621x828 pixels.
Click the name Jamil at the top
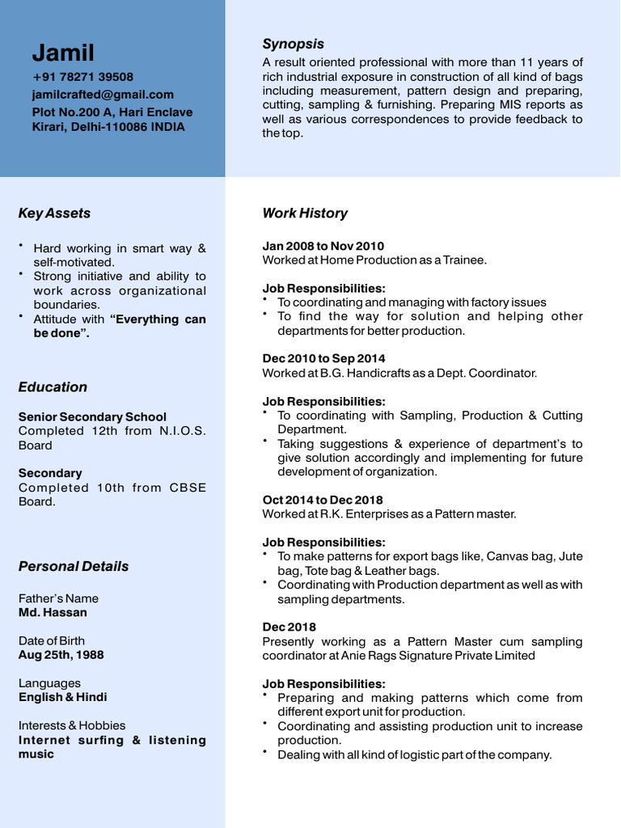pyautogui.click(x=63, y=53)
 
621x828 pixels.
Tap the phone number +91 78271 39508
pyautogui.click(x=82, y=77)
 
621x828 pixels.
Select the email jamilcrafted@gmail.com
pyautogui.click(x=103, y=95)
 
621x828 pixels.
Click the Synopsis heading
pyautogui.click(x=293, y=44)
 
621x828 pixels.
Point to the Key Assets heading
pyautogui.click(x=54, y=213)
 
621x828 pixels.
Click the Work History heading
pyautogui.click(x=305, y=213)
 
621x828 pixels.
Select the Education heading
pyautogui.click(x=53, y=387)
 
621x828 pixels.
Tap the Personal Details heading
pyautogui.click(x=74, y=567)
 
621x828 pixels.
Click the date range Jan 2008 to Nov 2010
pyautogui.click(x=323, y=246)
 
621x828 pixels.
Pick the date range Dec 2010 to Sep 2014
pyautogui.click(x=323, y=358)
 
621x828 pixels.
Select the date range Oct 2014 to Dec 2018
pyautogui.click(x=323, y=500)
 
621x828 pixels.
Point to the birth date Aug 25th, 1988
pyautogui.click(x=61, y=655)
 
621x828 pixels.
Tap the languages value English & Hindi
pyautogui.click(x=63, y=697)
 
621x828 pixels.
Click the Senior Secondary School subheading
pyautogui.click(x=92, y=417)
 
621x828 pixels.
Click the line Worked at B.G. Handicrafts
pyautogui.click(x=399, y=373)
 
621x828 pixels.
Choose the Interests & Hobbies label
pyautogui.click(x=72, y=725)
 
